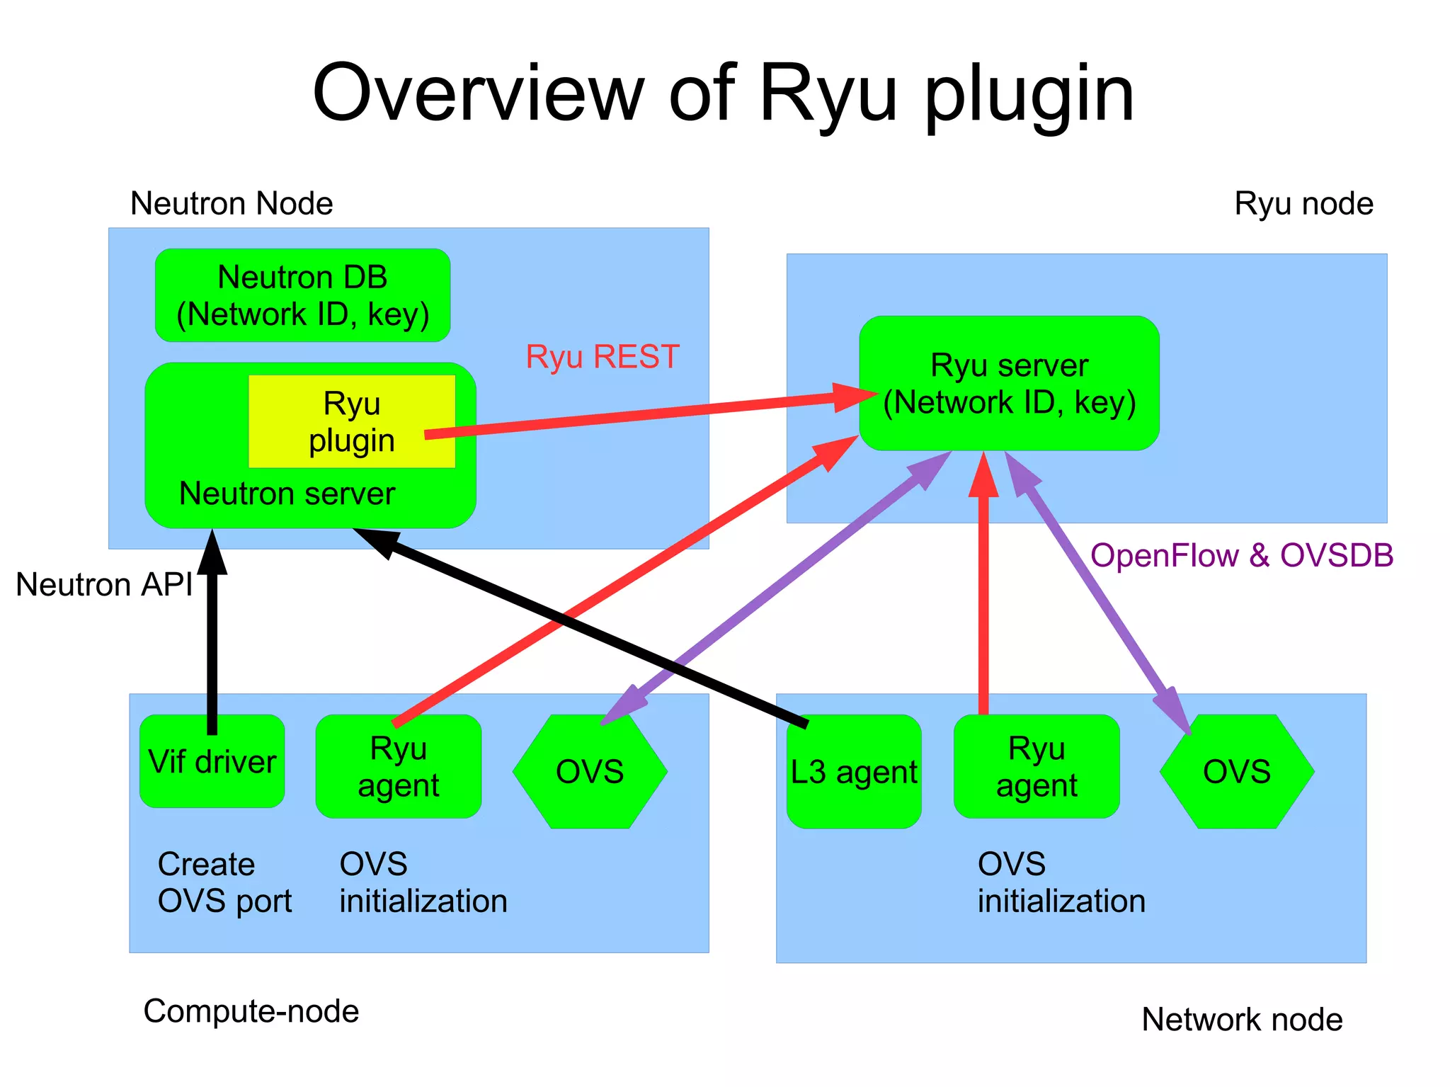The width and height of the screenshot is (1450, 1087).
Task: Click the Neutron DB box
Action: (302, 295)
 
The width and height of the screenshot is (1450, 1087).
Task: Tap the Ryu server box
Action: (1009, 383)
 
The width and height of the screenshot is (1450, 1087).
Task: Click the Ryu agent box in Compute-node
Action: (399, 767)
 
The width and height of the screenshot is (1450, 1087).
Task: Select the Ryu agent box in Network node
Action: (1037, 767)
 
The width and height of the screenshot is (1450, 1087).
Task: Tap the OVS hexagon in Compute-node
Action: (590, 772)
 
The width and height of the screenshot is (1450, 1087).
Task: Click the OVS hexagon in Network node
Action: (1237, 772)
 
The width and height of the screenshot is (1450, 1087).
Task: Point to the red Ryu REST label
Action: (603, 356)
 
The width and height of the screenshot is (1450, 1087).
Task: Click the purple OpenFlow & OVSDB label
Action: (1242, 555)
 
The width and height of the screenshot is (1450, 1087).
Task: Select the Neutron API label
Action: (104, 585)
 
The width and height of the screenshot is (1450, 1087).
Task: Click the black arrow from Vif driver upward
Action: (212, 637)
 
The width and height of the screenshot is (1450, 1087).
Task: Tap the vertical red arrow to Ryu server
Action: (983, 602)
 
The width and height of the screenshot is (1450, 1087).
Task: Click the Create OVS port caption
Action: (224, 882)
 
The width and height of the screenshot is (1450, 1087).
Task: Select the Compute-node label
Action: (251, 1011)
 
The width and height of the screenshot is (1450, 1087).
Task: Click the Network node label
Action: (1242, 1020)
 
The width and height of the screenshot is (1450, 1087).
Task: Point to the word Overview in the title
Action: (479, 93)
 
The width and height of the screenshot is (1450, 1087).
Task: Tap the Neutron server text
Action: (287, 494)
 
